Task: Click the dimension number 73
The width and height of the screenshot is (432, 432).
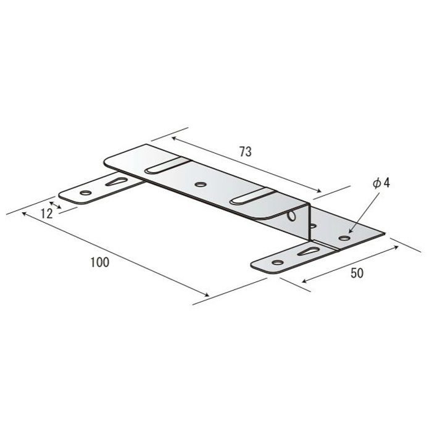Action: point(245,152)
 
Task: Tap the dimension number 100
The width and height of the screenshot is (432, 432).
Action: point(100,262)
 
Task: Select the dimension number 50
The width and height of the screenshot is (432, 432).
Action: point(357,273)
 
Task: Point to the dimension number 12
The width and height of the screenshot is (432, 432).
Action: point(46,214)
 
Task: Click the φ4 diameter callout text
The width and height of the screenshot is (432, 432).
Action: point(381,183)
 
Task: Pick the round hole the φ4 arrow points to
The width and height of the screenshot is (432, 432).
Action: point(344,238)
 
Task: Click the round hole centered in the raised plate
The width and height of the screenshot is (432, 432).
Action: point(201,185)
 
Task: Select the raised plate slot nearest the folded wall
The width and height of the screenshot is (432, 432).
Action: point(252,196)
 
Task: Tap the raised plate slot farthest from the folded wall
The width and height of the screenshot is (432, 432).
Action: point(167,166)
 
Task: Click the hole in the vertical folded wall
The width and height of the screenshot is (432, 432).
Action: point(291,216)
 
